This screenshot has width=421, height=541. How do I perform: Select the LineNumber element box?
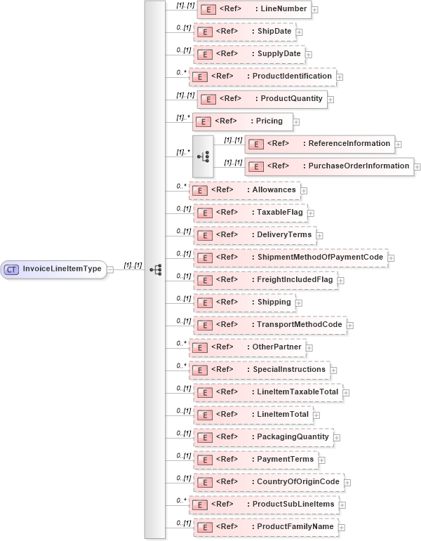[253, 9]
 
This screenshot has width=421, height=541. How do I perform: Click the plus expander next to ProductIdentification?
[340, 77]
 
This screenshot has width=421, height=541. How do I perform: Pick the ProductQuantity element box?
[261, 98]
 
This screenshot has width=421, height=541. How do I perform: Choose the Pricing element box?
[241, 121]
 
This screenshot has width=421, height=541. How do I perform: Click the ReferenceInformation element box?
[319, 144]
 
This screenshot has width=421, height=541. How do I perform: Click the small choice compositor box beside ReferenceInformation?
[202, 155]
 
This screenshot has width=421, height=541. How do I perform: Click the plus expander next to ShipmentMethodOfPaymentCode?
[392, 258]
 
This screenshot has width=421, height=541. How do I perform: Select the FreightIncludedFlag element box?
[265, 280]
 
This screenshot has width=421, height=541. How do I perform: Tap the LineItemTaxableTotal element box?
[267, 392]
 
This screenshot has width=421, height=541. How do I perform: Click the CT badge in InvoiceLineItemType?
[12, 269]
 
